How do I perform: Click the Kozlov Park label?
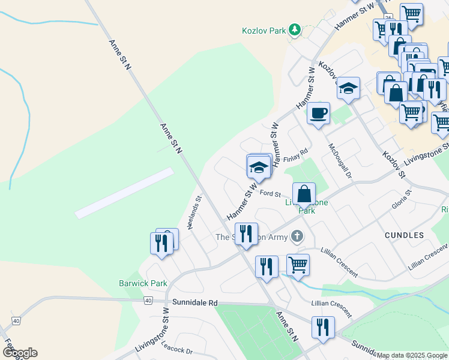[263, 29]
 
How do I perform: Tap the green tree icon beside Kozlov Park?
[294, 29]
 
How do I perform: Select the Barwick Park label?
[143, 283]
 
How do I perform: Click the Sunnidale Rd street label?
[194, 303]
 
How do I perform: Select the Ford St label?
[271, 193]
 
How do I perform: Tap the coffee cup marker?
[318, 112]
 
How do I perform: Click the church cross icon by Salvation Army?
[296, 236]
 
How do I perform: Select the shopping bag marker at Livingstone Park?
[304, 194]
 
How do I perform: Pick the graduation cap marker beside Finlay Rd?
[259, 167]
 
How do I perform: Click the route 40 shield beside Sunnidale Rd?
[148, 299]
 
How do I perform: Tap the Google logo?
[20, 353]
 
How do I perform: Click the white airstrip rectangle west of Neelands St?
[124, 193]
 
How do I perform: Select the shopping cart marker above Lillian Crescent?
[298, 264]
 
